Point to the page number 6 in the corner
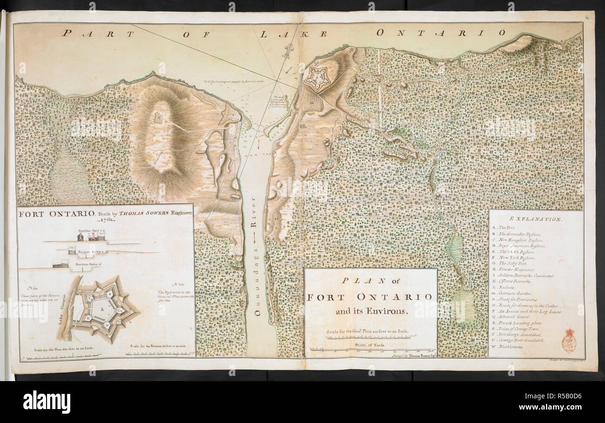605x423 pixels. pyautogui.click(x=587, y=17)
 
